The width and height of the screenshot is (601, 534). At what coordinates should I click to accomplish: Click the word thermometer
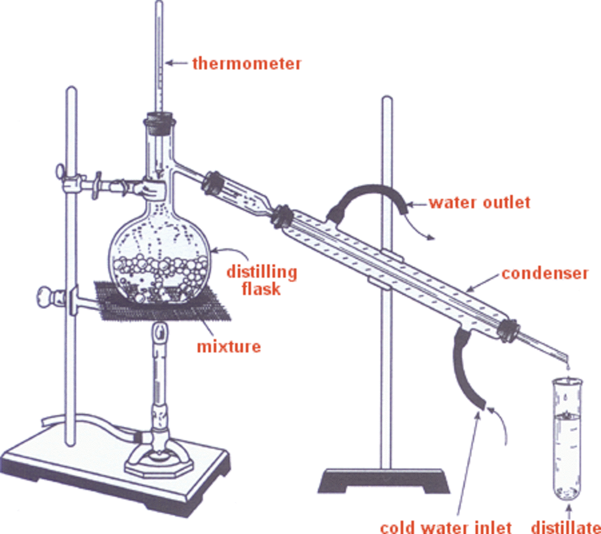click(x=247, y=64)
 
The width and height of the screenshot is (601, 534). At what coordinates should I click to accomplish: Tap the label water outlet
click(x=480, y=203)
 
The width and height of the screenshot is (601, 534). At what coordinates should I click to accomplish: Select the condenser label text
click(x=545, y=273)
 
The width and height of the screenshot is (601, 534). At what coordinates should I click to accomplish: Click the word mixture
click(x=229, y=346)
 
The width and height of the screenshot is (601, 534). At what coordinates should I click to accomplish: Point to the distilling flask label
click(x=261, y=280)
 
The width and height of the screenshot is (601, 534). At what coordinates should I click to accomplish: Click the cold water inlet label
click(x=446, y=527)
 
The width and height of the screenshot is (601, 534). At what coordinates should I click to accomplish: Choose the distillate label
click(x=566, y=527)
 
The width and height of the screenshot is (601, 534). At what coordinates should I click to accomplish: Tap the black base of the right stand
click(x=384, y=481)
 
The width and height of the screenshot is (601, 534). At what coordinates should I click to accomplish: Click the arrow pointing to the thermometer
click(x=176, y=63)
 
